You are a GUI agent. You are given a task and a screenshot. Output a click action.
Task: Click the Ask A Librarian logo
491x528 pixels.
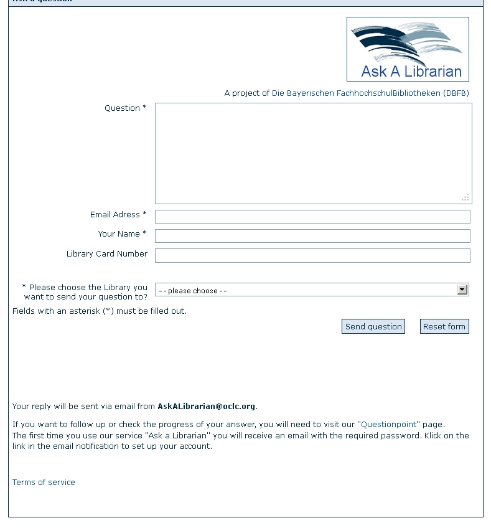(x=408, y=49)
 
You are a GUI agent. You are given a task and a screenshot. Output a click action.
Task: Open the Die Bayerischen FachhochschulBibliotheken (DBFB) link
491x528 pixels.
(x=370, y=93)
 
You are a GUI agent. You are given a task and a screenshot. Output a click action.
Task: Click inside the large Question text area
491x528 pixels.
(x=313, y=153)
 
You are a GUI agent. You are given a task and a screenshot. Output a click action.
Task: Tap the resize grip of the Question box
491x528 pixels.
(x=465, y=198)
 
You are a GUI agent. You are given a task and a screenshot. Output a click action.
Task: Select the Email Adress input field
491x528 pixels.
(x=312, y=217)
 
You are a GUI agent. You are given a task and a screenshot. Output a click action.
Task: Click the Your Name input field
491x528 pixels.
(x=312, y=236)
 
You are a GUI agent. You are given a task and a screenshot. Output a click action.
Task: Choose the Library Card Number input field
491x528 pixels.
(x=312, y=255)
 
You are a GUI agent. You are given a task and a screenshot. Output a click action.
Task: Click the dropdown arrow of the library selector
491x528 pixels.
(x=462, y=290)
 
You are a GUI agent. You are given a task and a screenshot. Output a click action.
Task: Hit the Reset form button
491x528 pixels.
(x=444, y=326)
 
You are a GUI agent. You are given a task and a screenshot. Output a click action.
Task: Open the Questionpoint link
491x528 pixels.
(x=389, y=425)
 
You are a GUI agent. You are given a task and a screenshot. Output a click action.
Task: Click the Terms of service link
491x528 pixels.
(x=44, y=483)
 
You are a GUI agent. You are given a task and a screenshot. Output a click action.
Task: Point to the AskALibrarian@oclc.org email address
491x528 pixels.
(x=206, y=407)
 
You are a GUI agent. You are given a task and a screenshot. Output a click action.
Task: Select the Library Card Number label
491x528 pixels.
(x=107, y=254)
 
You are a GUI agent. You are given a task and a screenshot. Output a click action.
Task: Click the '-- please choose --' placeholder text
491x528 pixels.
(x=193, y=291)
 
